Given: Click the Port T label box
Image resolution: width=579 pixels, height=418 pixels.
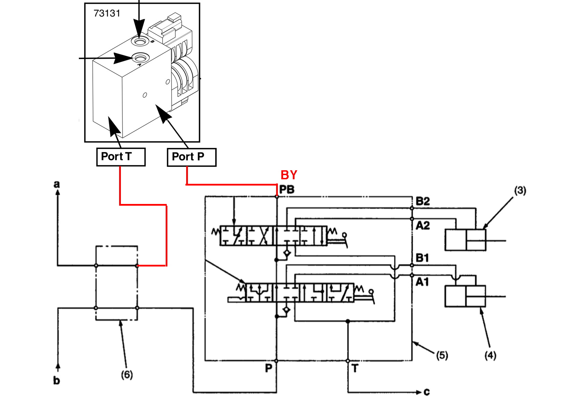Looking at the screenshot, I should (121, 157).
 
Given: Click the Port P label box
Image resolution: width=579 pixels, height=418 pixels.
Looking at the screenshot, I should (191, 157).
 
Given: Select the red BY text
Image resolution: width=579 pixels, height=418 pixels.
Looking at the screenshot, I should (289, 175).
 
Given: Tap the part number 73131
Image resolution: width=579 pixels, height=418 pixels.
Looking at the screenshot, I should (107, 14).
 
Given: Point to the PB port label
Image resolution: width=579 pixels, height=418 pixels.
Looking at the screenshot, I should (287, 190).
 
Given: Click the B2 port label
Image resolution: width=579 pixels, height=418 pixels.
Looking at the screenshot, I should (423, 201).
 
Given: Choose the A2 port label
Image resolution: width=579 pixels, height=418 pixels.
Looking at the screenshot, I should (423, 226).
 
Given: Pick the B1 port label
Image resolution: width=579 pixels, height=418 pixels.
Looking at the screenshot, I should (422, 258).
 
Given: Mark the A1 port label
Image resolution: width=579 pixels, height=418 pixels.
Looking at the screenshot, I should (422, 282).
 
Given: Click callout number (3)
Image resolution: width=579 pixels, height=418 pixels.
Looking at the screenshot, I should (520, 190).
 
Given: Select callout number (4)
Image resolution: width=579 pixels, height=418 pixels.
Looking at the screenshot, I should (490, 355).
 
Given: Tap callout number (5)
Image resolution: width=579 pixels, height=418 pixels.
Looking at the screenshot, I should (442, 355).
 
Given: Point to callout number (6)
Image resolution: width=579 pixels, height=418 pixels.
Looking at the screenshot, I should (127, 375).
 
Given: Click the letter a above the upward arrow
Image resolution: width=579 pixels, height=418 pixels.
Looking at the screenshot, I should (57, 184).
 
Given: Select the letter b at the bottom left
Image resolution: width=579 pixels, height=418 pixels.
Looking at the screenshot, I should (57, 381).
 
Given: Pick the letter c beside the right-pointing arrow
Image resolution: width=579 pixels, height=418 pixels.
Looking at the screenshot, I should (427, 392).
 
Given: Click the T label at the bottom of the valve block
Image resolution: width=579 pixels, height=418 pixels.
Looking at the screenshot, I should (355, 368).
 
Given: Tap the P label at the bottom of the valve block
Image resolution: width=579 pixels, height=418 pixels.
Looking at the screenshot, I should (268, 368).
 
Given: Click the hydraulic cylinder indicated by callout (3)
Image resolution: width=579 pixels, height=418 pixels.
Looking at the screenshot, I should (465, 240).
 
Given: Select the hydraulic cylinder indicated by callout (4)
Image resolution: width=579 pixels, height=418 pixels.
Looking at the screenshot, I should (465, 296).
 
